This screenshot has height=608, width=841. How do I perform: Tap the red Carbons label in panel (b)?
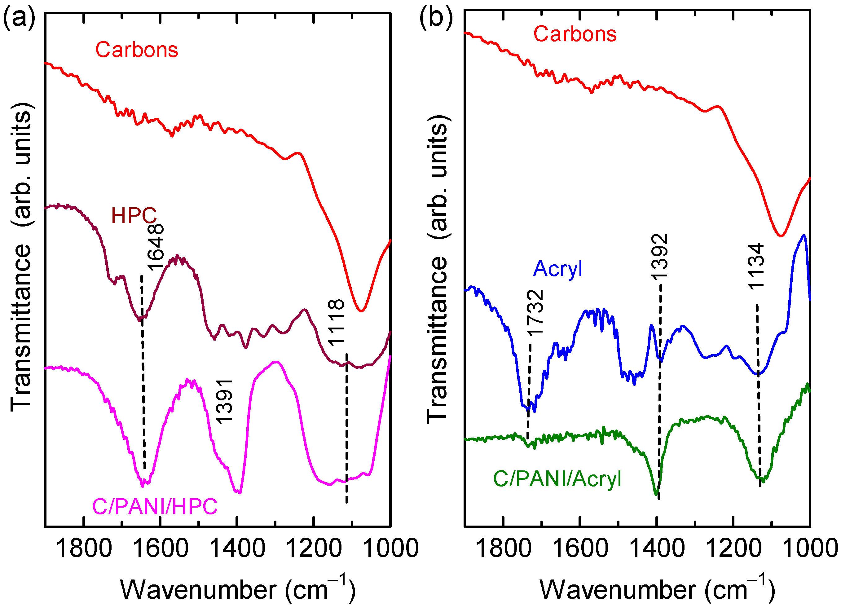[575, 34]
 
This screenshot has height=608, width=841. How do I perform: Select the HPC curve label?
[134, 215]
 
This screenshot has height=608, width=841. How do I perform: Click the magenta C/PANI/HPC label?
[155, 506]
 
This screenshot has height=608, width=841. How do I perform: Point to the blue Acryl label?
[557, 268]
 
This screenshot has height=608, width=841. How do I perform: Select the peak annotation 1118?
[336, 323]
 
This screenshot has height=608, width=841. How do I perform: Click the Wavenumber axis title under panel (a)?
[237, 589]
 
